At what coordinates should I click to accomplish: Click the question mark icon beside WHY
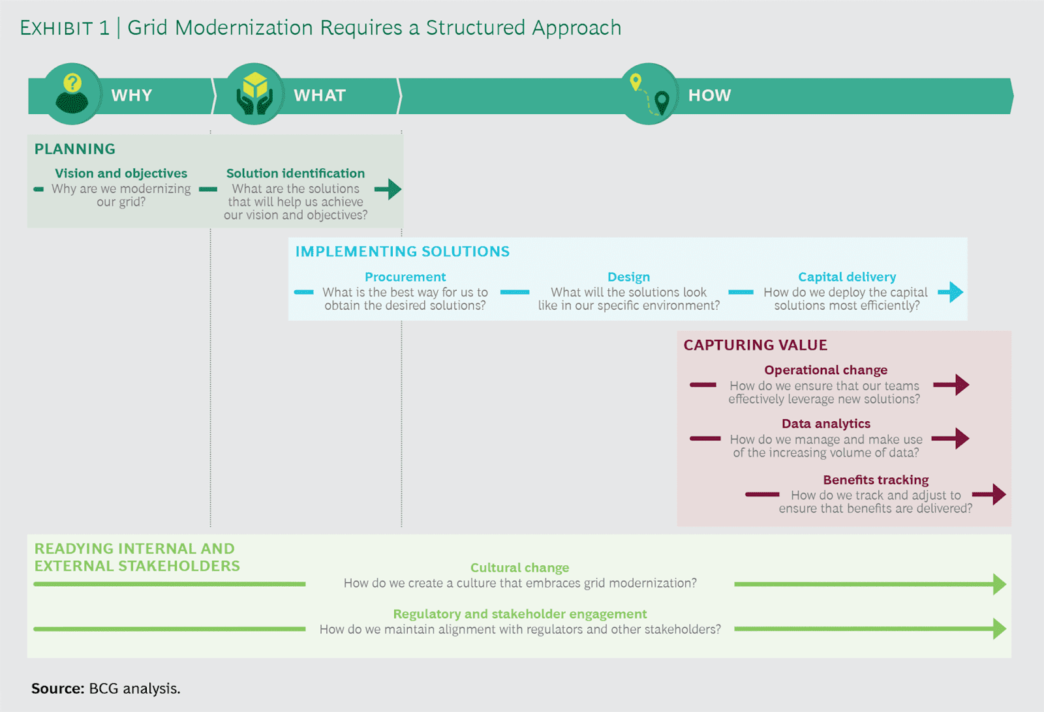[72, 94]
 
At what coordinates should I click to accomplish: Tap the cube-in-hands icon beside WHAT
[254, 94]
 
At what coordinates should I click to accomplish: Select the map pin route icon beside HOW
[649, 94]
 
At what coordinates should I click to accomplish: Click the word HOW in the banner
[709, 95]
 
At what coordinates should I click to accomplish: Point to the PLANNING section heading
[75, 149]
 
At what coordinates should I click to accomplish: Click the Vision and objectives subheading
[121, 173]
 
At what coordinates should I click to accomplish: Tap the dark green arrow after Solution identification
[389, 189]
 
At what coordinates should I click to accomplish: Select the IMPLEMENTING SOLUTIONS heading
[402, 252]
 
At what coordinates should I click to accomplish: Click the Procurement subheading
[405, 277]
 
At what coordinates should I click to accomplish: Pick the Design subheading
[628, 277]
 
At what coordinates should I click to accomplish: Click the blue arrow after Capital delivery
[951, 291]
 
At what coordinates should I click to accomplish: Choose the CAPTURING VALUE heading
[755, 345]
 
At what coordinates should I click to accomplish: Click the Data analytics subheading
[825, 424]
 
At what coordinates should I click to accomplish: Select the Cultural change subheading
[519, 568]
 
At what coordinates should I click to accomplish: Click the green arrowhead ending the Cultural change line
[999, 584]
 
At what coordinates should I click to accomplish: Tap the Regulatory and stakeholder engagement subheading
[519, 614]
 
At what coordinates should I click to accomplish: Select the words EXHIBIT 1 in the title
[65, 28]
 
